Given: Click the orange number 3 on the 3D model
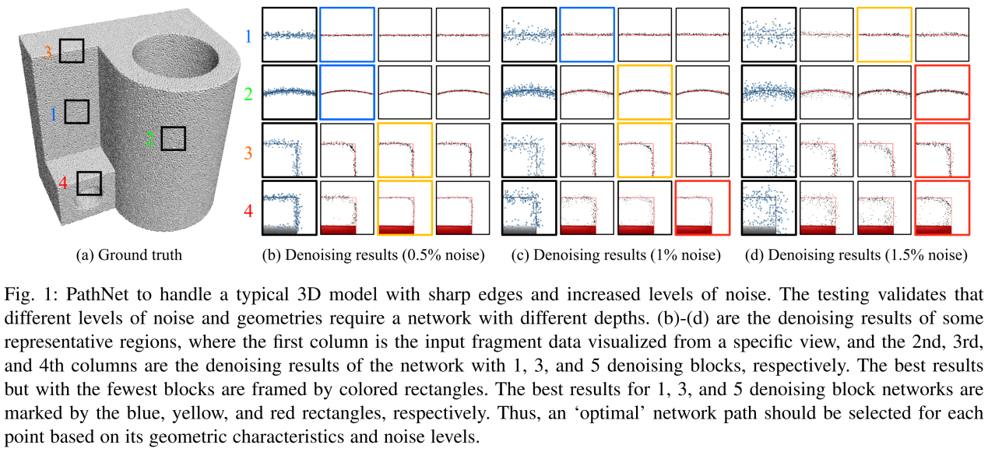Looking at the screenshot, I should pos(48,53).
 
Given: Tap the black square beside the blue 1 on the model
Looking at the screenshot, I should pos(77,112).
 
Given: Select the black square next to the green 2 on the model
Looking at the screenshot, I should pos(174,139).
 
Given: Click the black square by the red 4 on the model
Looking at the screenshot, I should pos(90,184).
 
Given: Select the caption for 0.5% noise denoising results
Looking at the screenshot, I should pos(373,254).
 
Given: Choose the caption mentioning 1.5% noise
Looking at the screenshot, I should pos(856,254).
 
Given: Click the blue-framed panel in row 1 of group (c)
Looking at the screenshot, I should pos(587,34).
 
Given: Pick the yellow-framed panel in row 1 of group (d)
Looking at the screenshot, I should pos(884,34).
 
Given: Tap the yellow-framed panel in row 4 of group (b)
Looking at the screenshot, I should pos(405,208).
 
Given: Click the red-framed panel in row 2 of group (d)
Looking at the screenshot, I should pos(942,92).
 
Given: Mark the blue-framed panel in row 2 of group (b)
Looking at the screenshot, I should pos(347,92).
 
